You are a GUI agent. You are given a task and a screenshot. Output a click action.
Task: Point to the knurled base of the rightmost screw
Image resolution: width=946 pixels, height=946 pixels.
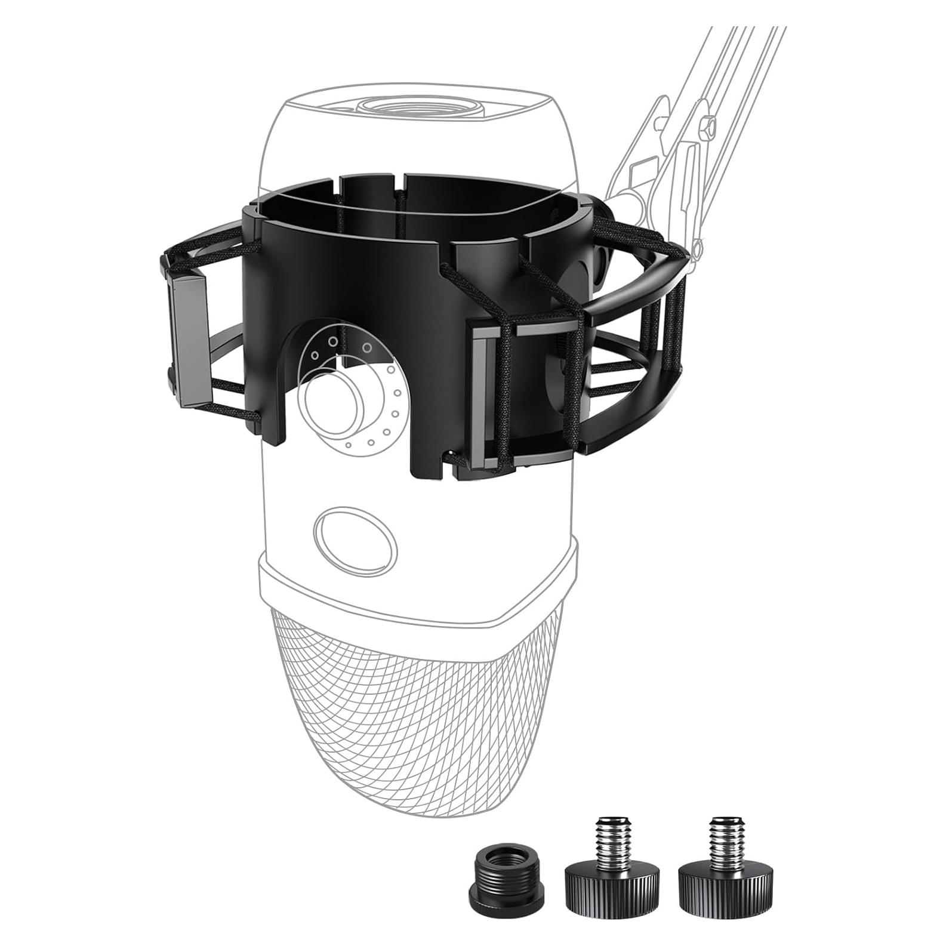tap(724, 892)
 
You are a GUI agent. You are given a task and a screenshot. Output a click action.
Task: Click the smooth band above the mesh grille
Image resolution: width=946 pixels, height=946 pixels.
tap(418, 585)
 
